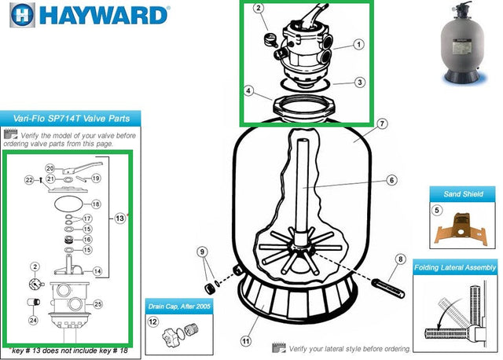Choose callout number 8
[x=399, y=259]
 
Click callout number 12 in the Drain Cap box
[x=154, y=321]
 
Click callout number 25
[x=99, y=303]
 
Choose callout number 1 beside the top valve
[x=358, y=45]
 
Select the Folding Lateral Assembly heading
[x=456, y=268]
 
